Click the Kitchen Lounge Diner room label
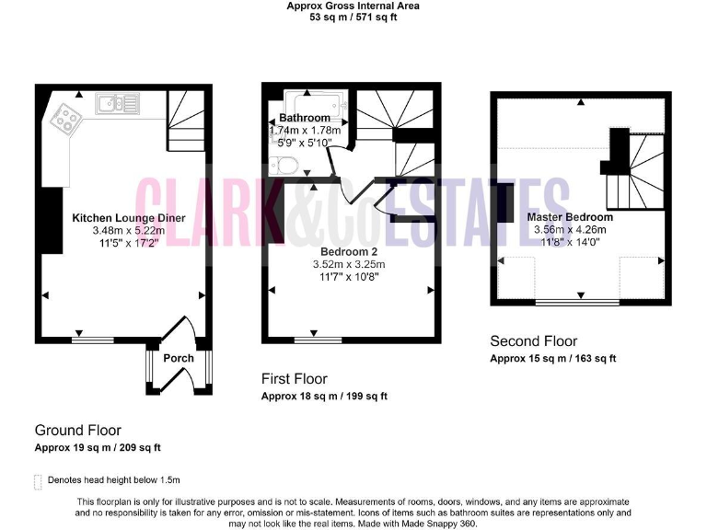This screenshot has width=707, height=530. pos(129,218)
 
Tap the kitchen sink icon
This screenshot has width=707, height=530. pos(117,105)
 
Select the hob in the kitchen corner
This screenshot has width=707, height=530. pos(67,117)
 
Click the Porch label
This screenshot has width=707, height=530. pos(179,358)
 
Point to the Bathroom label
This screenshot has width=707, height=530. pos(305,118)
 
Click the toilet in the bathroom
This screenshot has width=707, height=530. pos(286,166)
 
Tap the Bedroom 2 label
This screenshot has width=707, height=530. pos(351,250)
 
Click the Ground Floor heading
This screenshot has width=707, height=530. pos(77,430)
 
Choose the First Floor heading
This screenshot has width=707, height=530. pos(294,378)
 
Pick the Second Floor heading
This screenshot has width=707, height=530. pos(533,340)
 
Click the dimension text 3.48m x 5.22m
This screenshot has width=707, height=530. pos(129,231)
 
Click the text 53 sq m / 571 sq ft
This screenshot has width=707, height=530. pos(353,17)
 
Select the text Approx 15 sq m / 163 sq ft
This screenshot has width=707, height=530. pos(552,358)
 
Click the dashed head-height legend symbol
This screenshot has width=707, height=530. pos(38,480)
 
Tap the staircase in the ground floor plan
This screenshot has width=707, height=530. pos(187,124)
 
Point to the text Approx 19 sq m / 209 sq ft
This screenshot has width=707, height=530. pos(98,447)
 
